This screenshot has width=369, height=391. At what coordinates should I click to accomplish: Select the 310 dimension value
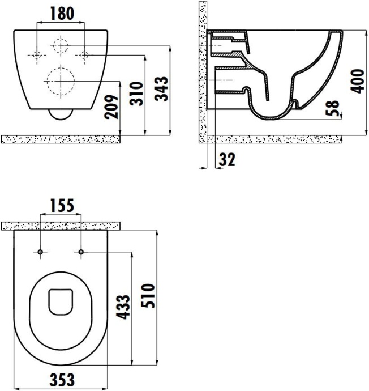(136, 92)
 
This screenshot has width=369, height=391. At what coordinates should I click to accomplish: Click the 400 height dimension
(357, 81)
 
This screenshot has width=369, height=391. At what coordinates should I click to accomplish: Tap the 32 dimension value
(226, 160)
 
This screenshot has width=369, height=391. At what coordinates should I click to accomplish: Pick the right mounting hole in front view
(83, 55)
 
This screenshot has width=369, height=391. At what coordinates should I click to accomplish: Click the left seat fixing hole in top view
(40, 251)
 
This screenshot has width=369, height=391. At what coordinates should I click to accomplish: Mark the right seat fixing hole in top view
(80, 251)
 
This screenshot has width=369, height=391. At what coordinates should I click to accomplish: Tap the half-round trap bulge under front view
(60, 114)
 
